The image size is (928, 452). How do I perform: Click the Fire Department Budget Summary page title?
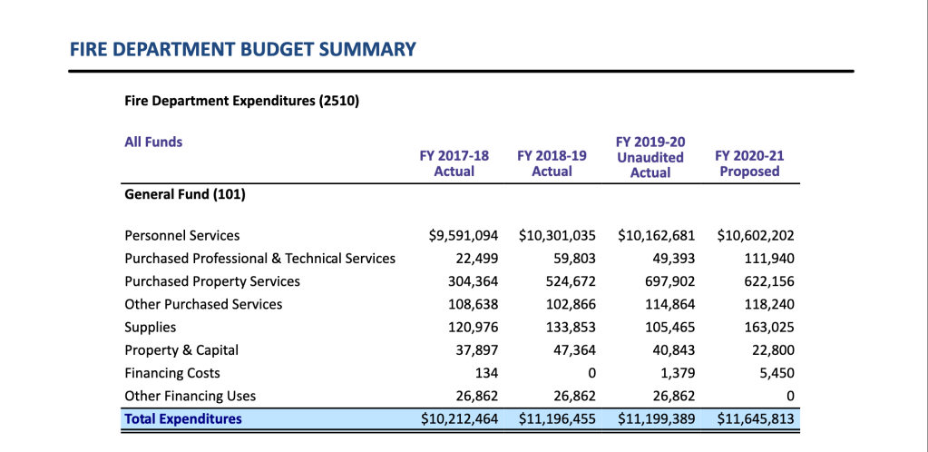click(x=242, y=49)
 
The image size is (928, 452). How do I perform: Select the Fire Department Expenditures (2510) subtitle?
click(x=241, y=101)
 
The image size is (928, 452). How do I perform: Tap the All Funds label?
click(x=153, y=142)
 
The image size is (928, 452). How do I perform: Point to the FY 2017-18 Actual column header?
click(x=454, y=163)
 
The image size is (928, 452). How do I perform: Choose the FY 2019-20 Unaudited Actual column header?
click(x=650, y=157)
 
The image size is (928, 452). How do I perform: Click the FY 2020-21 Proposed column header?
click(x=749, y=163)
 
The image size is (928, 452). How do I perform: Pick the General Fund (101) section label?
click(x=184, y=193)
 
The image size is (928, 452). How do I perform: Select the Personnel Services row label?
click(x=182, y=235)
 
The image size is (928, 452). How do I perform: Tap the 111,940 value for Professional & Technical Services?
click(x=768, y=259)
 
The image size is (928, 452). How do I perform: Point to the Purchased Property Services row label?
click(x=212, y=281)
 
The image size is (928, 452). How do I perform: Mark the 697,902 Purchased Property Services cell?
click(x=670, y=281)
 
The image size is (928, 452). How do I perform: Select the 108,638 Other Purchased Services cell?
click(x=473, y=304)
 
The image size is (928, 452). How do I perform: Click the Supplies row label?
click(x=151, y=327)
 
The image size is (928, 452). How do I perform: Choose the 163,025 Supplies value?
click(x=768, y=327)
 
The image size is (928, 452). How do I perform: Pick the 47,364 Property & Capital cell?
click(x=572, y=350)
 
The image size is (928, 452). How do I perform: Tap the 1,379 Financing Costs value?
click(x=677, y=373)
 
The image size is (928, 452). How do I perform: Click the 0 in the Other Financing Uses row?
click(x=790, y=396)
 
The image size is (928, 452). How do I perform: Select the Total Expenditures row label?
click(x=183, y=418)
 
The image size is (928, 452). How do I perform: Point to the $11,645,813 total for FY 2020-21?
click(x=756, y=418)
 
